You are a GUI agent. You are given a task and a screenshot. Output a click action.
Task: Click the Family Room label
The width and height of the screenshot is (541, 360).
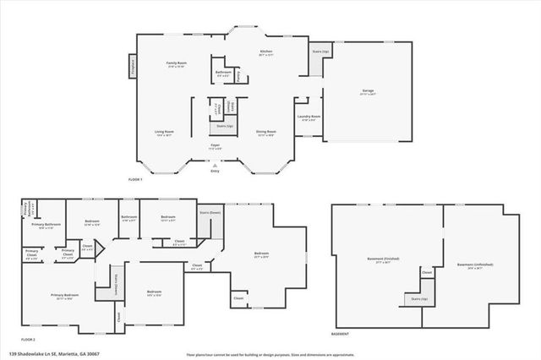pyautogui.click(x=176, y=63)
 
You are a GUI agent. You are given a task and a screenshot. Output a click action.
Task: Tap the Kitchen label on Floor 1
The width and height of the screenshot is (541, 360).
pyautogui.click(x=266, y=52)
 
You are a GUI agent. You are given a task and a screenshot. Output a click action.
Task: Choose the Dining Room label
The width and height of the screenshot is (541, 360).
pyautogui.click(x=267, y=132)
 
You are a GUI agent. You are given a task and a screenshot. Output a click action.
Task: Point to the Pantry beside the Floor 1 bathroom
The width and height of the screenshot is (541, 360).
pyautogui.click(x=239, y=76)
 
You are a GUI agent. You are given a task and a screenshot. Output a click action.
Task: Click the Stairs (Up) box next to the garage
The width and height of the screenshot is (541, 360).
pyautogui.click(x=320, y=52)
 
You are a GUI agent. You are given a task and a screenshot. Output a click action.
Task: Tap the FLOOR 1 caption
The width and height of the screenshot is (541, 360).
pyautogui.click(x=135, y=180)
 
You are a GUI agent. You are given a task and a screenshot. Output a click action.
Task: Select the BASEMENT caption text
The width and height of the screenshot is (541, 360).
pyautogui.click(x=342, y=334)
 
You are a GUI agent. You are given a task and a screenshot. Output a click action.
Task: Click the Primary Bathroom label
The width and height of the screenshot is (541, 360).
pyautogui.click(x=49, y=224)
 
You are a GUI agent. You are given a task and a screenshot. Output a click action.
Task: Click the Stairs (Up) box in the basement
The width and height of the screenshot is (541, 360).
pyautogui.click(x=418, y=299)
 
